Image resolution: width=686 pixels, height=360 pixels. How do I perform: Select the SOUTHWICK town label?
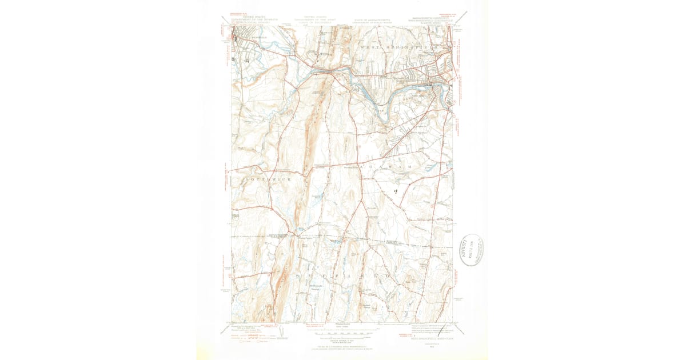[268, 180]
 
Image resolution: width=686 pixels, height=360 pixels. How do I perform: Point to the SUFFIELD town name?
[342, 276]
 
